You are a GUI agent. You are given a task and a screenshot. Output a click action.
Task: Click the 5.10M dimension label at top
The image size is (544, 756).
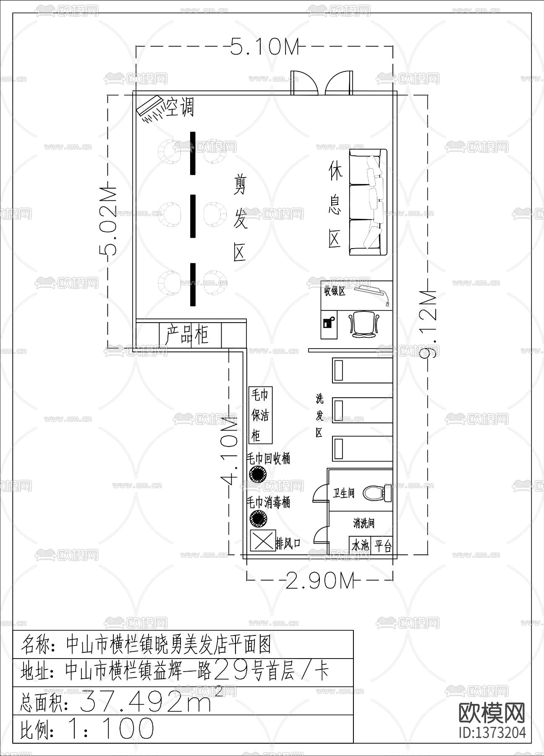[x=264, y=47]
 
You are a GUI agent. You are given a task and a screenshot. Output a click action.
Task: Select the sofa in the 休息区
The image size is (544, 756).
[x=368, y=202]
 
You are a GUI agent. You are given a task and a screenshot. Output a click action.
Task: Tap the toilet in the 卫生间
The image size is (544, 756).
[x=377, y=492]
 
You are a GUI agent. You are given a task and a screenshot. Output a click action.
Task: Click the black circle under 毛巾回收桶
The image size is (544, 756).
[x=258, y=475]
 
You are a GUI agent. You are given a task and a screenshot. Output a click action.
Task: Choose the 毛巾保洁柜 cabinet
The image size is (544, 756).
[x=260, y=415]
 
